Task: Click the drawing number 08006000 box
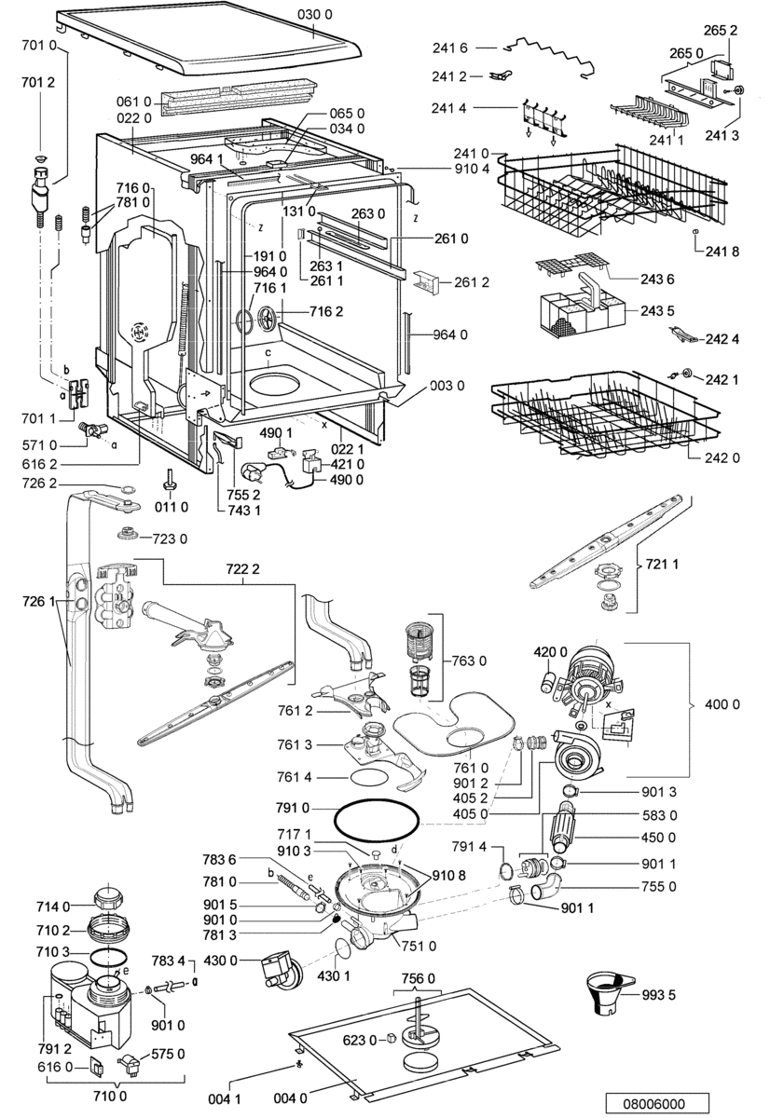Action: coord(657,1102)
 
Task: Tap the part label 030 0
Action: coord(314,15)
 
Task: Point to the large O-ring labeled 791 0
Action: coord(376,823)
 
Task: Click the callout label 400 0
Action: coord(722,704)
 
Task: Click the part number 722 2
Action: coord(242,568)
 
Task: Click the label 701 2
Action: coord(38,82)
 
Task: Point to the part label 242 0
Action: coord(722,457)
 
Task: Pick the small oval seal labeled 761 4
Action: coord(369,777)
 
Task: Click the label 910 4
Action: coord(472,169)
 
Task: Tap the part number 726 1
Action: coord(38,602)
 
